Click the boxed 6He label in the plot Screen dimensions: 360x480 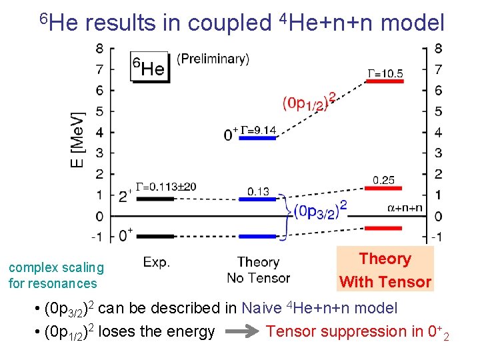pos(149,67)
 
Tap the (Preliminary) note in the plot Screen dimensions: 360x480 pos(213,59)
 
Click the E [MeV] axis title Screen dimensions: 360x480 pos(78,139)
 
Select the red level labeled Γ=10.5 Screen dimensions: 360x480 pos(385,81)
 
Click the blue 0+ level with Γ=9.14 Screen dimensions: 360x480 pos(257,138)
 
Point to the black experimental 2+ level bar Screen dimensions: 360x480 pos(155,199)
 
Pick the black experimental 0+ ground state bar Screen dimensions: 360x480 pos(155,236)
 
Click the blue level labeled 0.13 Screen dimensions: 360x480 pos(257,199)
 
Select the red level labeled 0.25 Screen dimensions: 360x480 pos(385,189)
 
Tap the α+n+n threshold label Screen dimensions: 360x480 pos(405,208)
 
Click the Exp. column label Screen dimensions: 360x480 pos(157,262)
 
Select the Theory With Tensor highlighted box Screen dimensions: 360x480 pos(385,270)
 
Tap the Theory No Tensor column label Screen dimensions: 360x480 pos(258,270)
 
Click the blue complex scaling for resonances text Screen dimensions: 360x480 pos(56,275)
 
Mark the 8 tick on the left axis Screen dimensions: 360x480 pos(99,48)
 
